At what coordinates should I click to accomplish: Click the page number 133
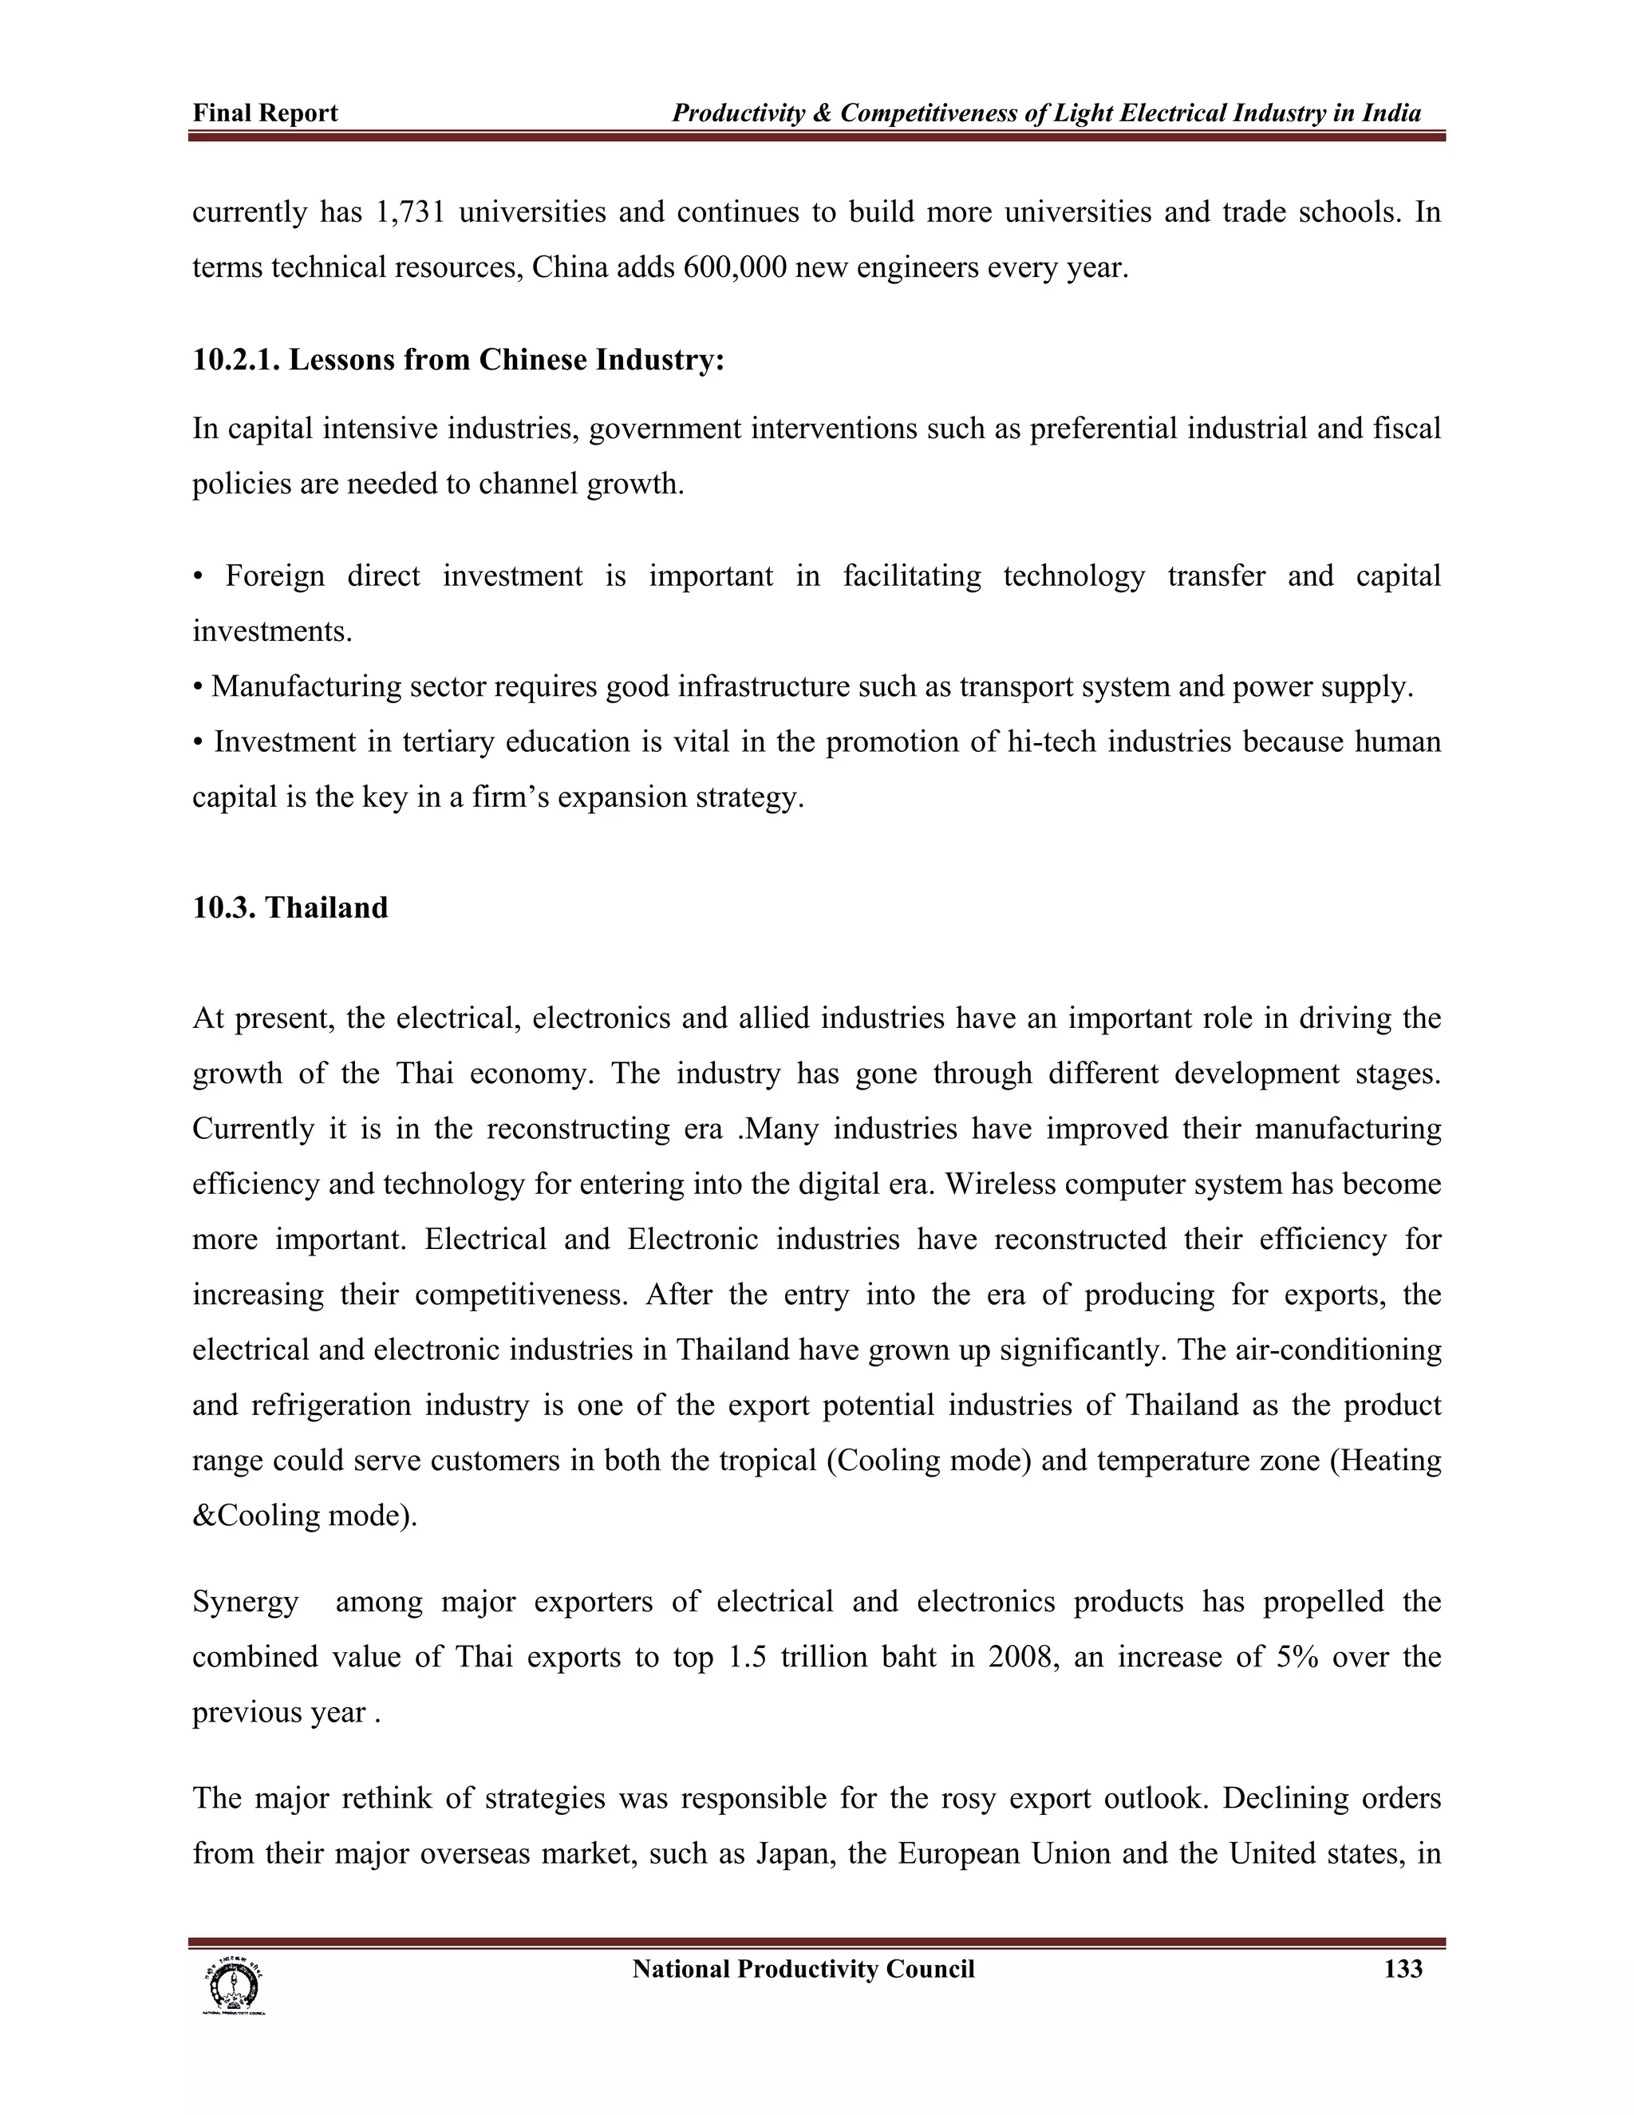tap(1403, 1969)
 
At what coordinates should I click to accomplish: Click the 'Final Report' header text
tap(265, 113)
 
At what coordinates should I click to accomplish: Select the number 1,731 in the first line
tap(408, 212)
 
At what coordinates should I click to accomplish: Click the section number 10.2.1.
tap(236, 360)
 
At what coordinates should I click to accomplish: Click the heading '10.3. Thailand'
tap(290, 907)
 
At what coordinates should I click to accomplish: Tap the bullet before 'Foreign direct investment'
tap(199, 577)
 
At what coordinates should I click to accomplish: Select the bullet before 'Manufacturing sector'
tap(199, 687)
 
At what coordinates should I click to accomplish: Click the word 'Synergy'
tap(245, 1602)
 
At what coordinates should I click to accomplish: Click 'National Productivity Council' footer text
tap(803, 1969)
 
